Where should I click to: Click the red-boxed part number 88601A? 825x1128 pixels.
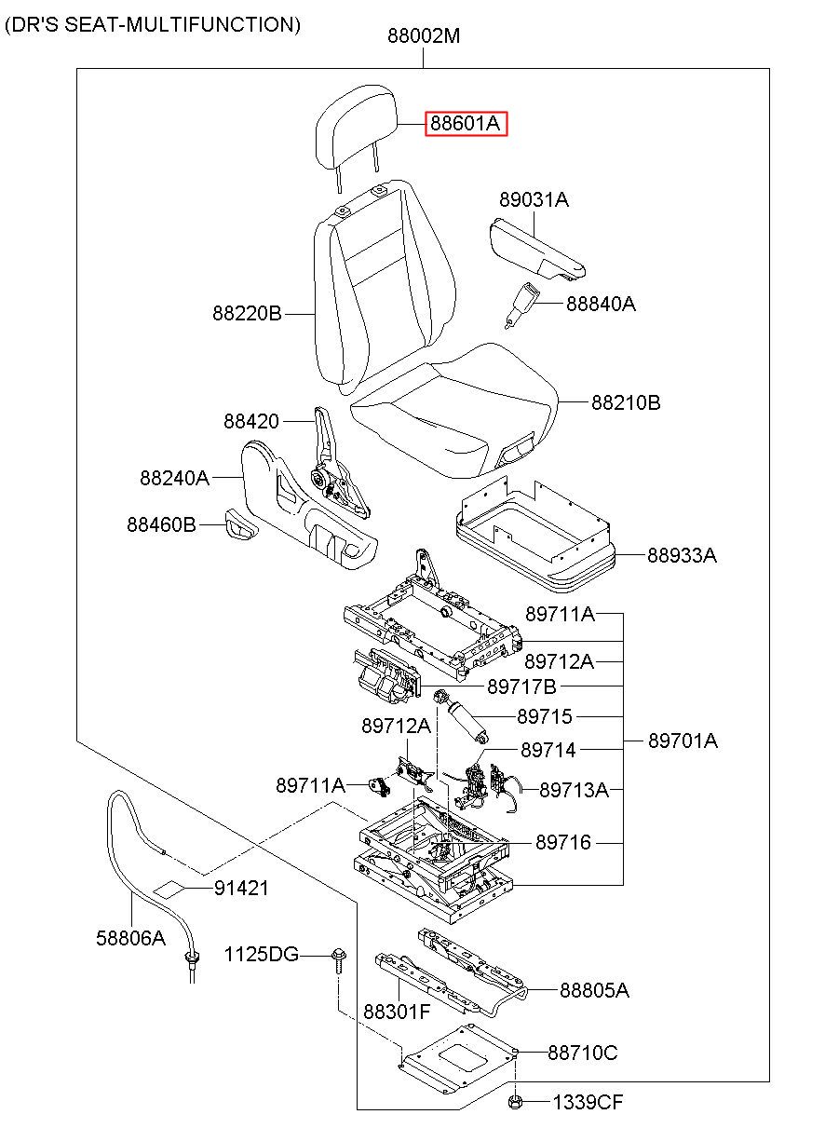467,124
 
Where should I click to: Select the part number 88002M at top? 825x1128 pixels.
424,37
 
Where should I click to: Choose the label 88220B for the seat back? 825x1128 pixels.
247,314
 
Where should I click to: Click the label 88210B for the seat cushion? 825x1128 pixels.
626,403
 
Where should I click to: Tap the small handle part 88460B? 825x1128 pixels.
240,525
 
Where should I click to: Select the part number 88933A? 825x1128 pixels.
683,556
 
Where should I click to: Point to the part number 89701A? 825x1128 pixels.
683,741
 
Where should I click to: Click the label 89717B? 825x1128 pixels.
521,687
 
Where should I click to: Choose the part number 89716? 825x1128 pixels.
563,842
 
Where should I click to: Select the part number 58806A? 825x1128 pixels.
130,938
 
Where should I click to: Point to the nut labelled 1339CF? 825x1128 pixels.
514,1103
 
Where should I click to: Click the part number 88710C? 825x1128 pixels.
582,1053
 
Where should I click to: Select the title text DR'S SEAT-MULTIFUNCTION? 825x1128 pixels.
153,25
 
